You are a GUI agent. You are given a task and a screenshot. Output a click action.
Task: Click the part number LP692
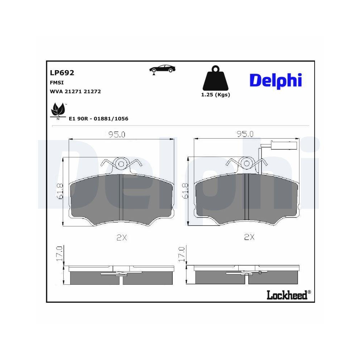(62, 73)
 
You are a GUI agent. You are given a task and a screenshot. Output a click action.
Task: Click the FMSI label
(55, 82)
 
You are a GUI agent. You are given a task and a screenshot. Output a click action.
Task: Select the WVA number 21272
(92, 91)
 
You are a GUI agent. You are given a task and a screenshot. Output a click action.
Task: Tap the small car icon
(162, 69)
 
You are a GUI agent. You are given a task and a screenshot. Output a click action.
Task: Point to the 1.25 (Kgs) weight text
(215, 95)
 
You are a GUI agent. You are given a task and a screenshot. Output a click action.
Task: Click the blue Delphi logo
(275, 80)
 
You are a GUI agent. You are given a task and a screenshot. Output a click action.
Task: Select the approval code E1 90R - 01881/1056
(98, 118)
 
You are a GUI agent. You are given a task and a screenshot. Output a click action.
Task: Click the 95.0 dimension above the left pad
(117, 135)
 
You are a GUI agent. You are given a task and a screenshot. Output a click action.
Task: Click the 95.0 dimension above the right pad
(245, 134)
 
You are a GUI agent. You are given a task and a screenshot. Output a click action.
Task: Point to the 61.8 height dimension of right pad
(185, 191)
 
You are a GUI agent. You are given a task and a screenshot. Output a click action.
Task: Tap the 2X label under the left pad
(122, 237)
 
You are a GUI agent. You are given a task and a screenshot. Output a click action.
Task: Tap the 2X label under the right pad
(249, 237)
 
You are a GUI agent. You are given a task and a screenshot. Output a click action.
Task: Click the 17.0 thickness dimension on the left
(60, 254)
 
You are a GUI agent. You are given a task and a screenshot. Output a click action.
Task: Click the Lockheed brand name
(287, 295)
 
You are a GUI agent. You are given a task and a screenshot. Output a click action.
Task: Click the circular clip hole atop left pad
(121, 164)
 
